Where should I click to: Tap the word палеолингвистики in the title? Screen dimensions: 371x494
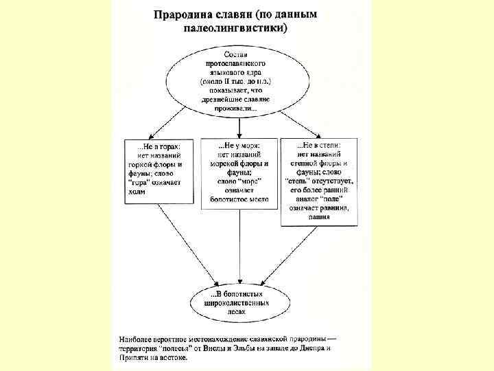pyautogui.click(x=239, y=29)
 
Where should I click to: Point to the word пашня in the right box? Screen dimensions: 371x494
pyautogui.click(x=318, y=217)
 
